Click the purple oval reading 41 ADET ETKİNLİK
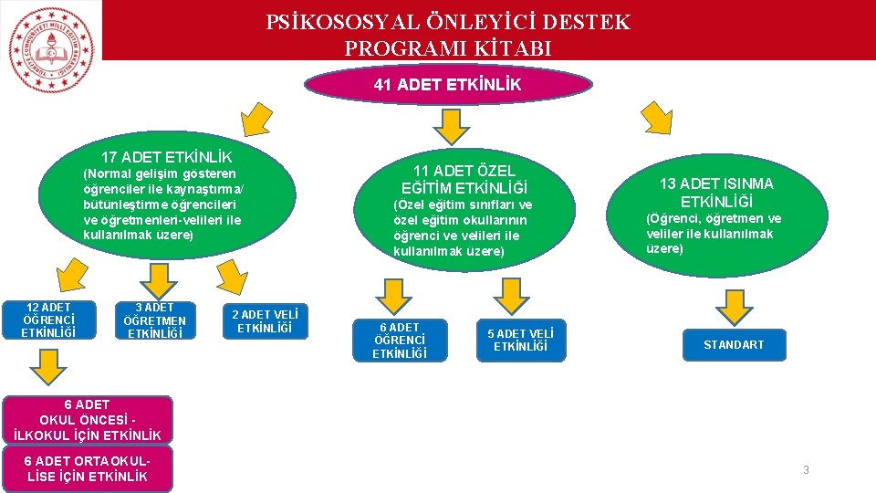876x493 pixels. coord(447,85)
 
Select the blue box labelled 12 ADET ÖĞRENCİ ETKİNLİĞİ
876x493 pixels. coord(47,320)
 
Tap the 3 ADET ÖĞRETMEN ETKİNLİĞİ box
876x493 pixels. coord(154,320)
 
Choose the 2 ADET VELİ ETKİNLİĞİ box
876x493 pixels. coord(265,320)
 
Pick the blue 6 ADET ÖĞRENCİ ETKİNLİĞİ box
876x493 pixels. coord(401,340)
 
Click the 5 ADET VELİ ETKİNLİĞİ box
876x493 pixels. coord(520,339)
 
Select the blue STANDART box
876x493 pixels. coord(734,344)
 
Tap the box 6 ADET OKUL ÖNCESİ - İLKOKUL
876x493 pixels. coord(88,419)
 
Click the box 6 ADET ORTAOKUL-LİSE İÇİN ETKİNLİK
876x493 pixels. coord(88,468)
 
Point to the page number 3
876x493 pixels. coord(806,470)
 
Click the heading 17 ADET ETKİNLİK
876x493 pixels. coord(166,157)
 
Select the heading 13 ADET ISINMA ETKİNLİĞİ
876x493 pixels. coord(716,193)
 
